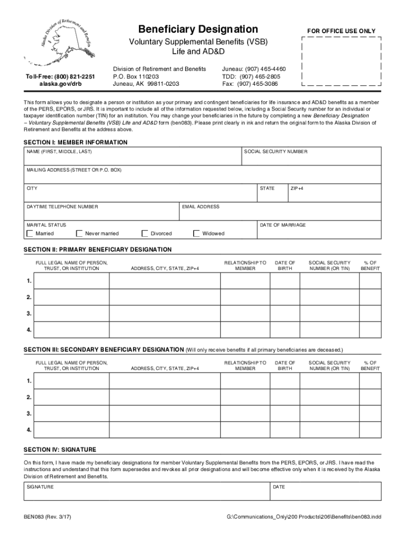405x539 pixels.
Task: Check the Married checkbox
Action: pos(30,233)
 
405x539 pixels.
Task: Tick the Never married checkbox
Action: pos(79,233)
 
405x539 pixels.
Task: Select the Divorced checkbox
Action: pos(145,233)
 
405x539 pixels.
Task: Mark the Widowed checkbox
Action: pos(197,233)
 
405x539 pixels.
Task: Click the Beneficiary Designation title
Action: pos(198,29)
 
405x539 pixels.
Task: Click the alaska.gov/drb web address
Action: pos(53,83)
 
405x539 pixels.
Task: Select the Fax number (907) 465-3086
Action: pos(250,83)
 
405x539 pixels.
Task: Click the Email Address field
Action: pos(280,213)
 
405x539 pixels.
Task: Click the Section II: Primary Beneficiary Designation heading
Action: pos(98,249)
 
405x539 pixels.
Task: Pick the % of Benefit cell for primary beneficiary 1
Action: pos(370,281)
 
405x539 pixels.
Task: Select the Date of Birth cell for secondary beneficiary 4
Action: pos(285,429)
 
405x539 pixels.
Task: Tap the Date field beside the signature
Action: pos(326,494)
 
